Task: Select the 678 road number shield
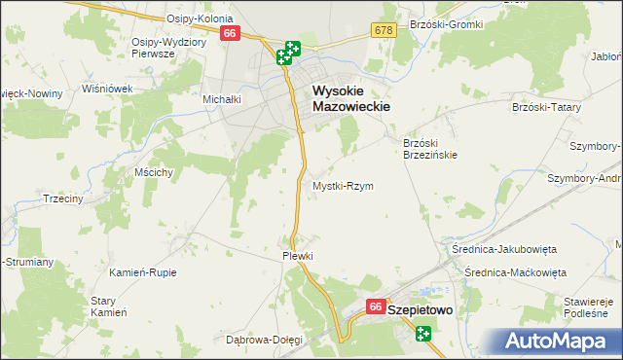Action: pos(383,31)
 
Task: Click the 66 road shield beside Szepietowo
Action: pos(376,307)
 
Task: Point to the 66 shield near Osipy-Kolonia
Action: pos(230,33)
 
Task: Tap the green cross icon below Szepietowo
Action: pos(423,334)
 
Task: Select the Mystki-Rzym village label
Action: pos(342,186)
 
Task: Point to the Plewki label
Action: pos(298,256)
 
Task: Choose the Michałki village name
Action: pos(221,99)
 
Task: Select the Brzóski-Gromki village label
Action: pos(447,23)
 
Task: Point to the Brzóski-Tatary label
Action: pos(545,107)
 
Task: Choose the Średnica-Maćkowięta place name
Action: pos(515,272)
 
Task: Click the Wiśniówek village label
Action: pos(107,88)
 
